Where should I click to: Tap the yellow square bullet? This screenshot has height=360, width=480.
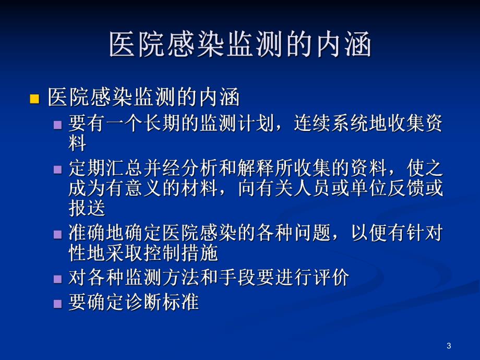(35, 99)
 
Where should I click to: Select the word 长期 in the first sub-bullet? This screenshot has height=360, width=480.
(162, 124)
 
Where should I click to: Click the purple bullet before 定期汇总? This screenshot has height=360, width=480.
(58, 169)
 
